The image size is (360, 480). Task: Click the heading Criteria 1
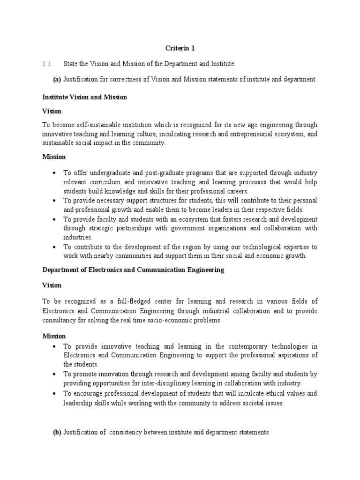coord(180,48)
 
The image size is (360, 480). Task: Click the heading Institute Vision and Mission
coord(84,97)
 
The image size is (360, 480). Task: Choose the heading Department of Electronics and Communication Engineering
coord(133,270)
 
